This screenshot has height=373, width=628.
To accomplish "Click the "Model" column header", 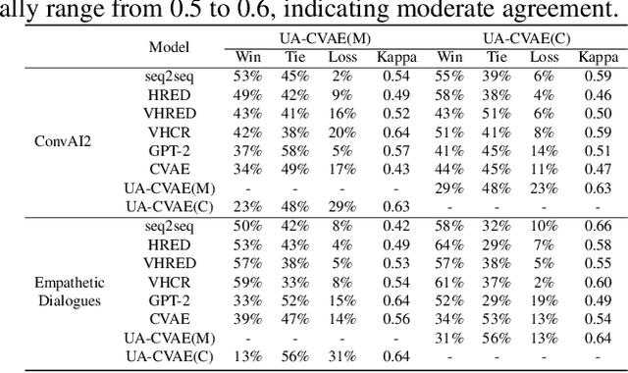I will click(169, 47).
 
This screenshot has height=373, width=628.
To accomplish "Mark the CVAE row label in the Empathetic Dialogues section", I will click(169, 318).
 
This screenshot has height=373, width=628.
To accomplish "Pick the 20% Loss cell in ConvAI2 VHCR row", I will click(342, 133).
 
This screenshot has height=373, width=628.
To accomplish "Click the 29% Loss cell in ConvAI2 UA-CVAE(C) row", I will click(342, 206).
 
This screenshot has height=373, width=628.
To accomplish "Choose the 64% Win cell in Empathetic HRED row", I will click(449, 244).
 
